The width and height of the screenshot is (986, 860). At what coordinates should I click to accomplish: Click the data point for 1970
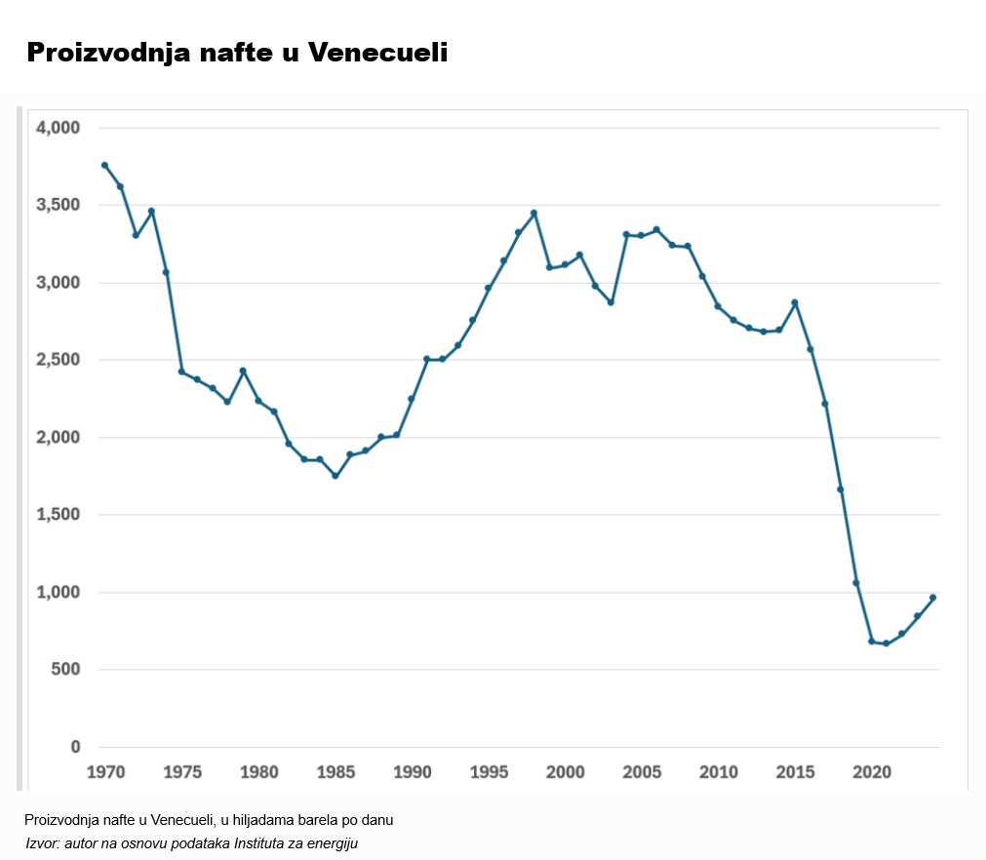click(104, 165)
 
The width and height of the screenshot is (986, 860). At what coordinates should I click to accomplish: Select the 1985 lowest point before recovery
click(335, 476)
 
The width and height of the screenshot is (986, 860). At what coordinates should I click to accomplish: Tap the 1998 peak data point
click(533, 213)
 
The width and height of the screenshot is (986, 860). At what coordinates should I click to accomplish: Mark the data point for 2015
click(795, 302)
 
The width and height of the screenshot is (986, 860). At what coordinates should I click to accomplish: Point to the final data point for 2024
click(932, 597)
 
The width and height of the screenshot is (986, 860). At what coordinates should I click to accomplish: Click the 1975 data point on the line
click(181, 371)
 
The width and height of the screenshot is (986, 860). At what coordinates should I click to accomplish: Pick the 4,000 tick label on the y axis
click(59, 128)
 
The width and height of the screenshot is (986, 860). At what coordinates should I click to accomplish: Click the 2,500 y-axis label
click(59, 360)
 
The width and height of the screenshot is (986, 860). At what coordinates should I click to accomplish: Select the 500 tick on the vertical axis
click(65, 670)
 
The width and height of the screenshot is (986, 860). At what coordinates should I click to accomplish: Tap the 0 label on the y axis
click(75, 747)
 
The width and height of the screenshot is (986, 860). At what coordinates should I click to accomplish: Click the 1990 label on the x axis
click(412, 772)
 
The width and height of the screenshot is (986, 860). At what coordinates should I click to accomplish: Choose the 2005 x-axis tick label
click(641, 772)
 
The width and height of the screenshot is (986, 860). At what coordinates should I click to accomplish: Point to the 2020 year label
click(872, 772)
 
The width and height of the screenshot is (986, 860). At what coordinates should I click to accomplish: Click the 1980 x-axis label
click(258, 772)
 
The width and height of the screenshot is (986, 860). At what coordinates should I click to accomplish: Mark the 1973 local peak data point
click(151, 211)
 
